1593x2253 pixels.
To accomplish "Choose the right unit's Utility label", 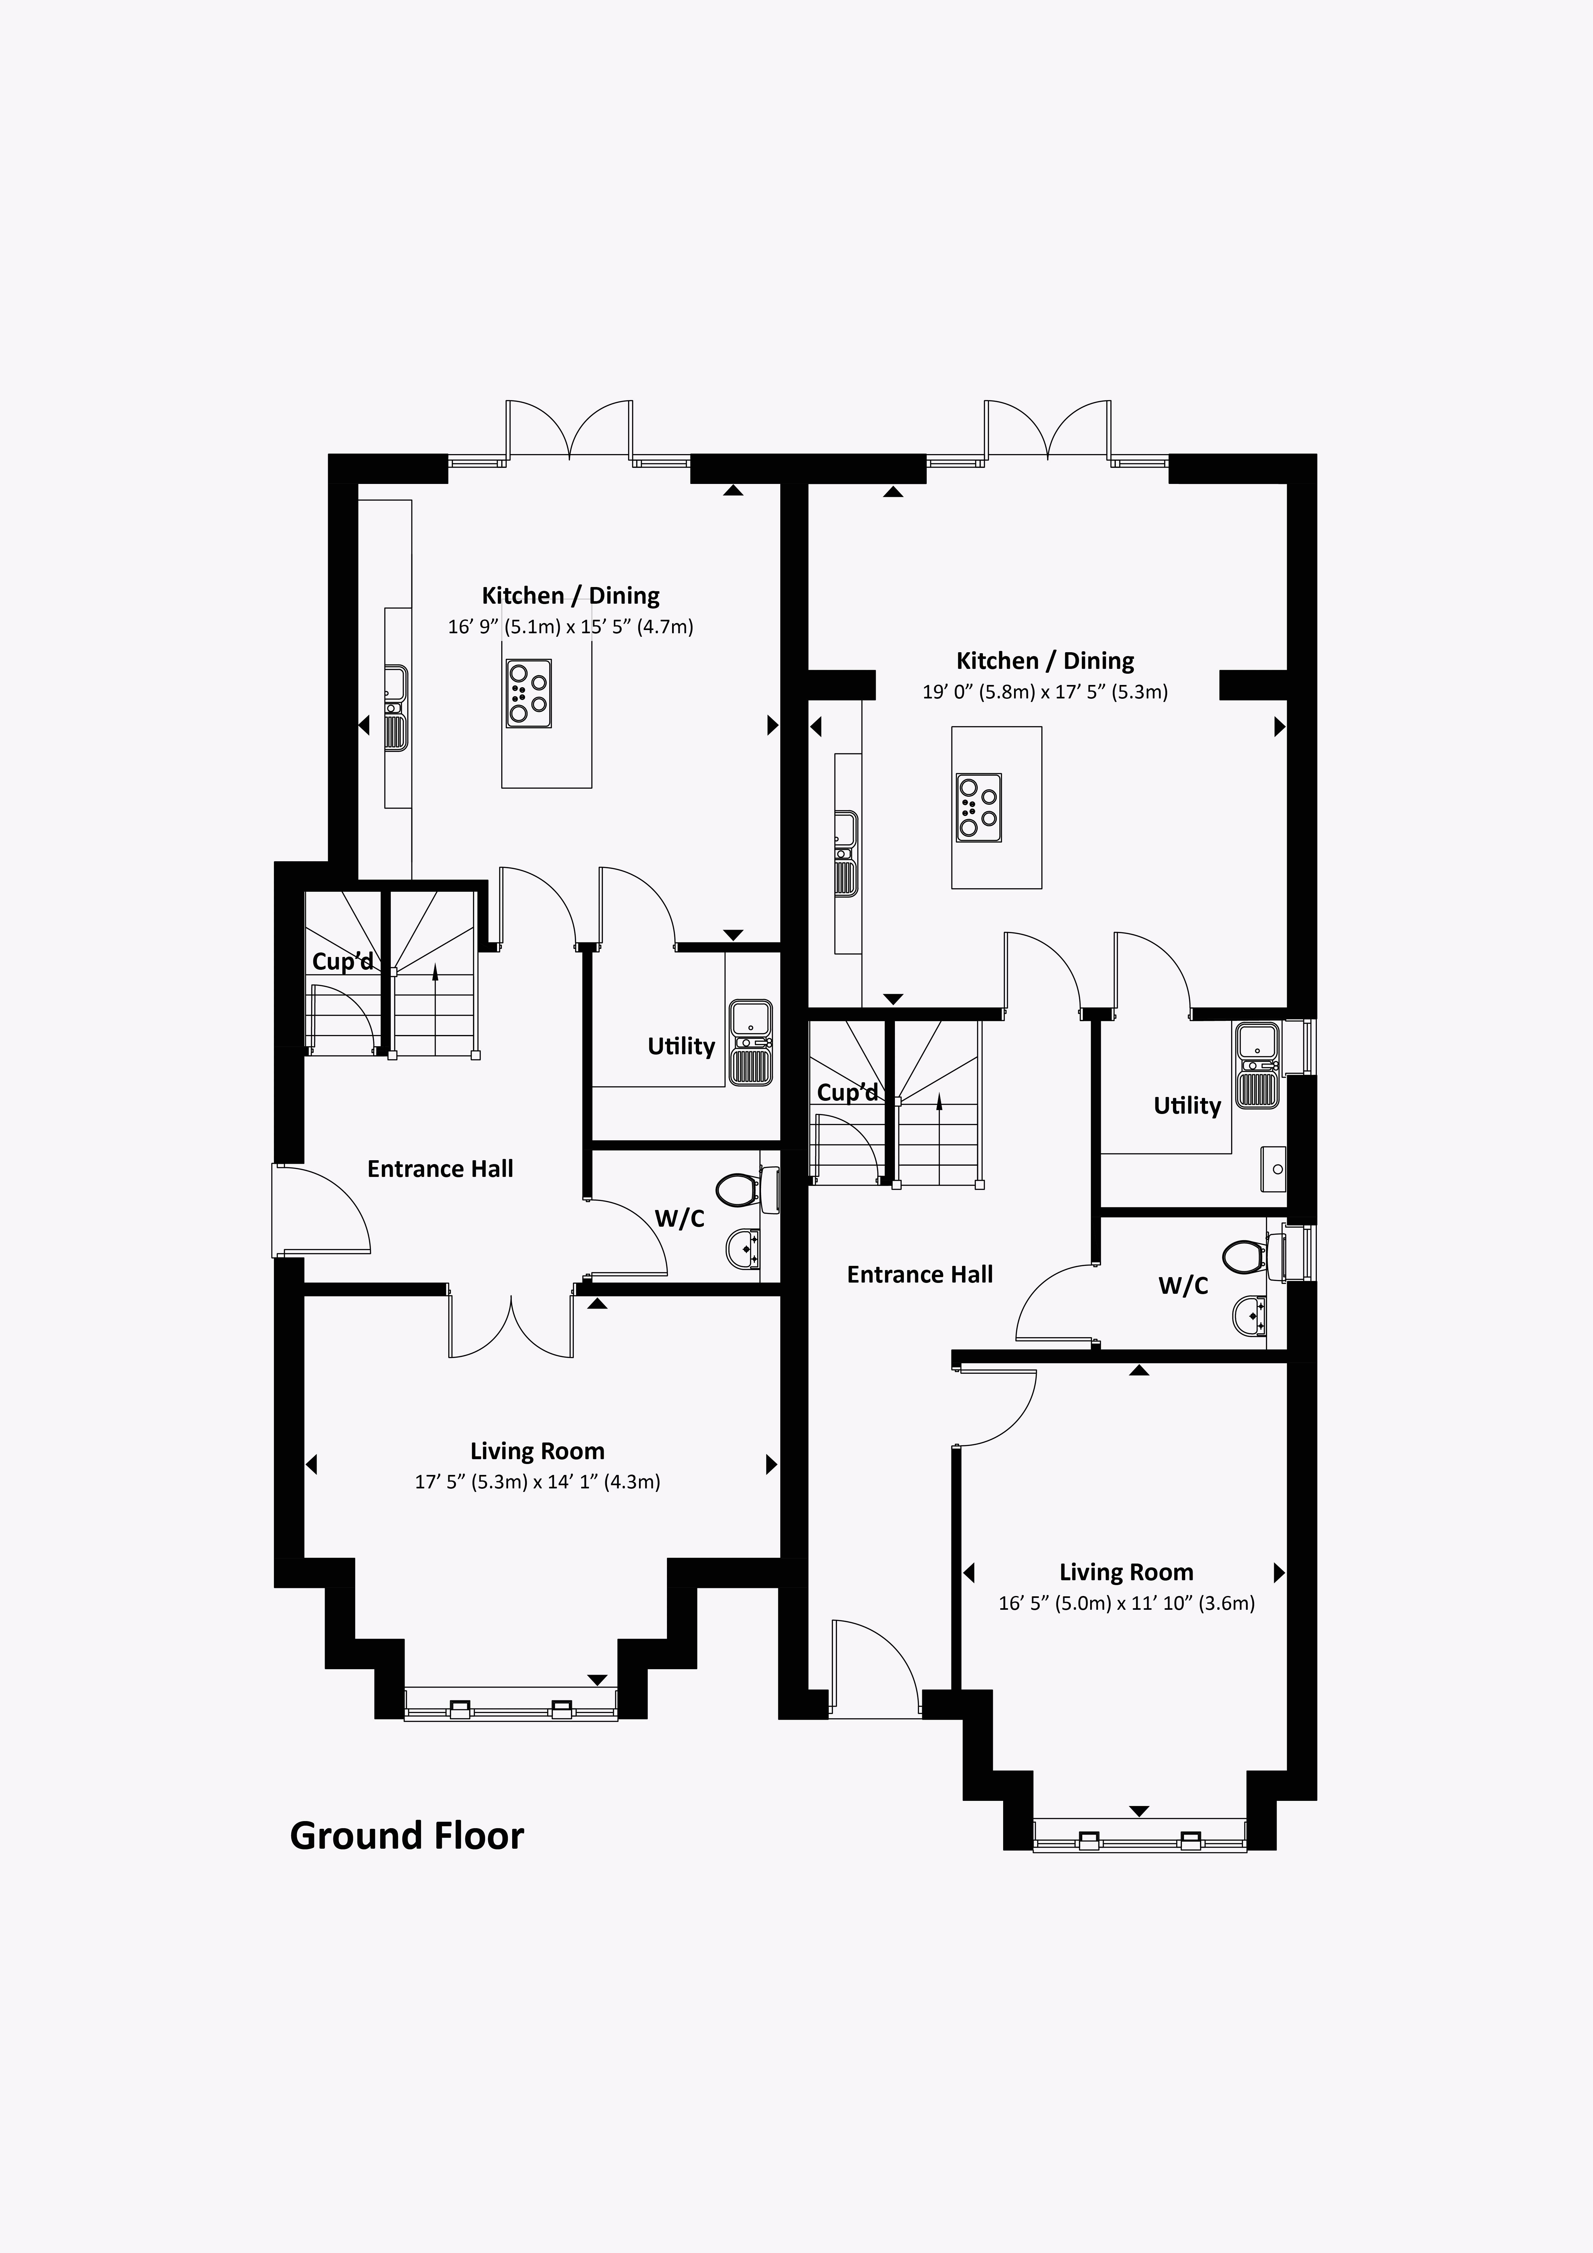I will tap(1187, 1106).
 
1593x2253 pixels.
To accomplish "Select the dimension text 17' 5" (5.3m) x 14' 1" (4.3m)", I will tap(537, 1482).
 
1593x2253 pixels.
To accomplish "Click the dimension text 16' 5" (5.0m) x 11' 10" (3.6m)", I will tap(1126, 1603).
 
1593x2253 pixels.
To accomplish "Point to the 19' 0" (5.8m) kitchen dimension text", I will tap(1044, 692).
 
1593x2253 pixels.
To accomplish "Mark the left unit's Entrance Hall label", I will tap(440, 1169).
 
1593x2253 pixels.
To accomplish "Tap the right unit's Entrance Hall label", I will tap(920, 1275).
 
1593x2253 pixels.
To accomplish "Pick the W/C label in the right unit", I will tap(1183, 1285).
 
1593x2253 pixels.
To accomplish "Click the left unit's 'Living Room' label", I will tap(537, 1451).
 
